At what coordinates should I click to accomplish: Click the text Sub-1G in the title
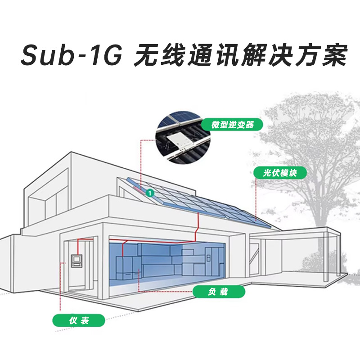70,56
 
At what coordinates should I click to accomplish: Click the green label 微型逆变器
232,125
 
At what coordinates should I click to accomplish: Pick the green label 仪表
79,320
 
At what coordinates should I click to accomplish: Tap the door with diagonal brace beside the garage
256,260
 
